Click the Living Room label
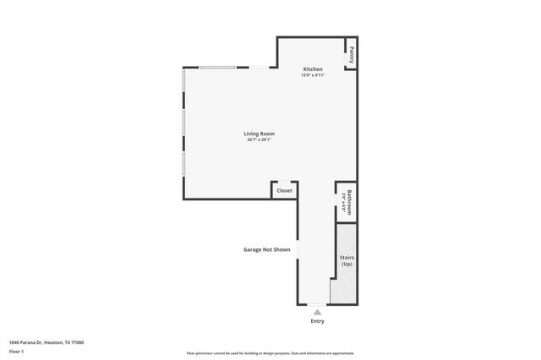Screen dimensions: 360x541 (260, 134)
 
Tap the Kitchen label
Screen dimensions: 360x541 (313, 68)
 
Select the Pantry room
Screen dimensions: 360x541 (350, 55)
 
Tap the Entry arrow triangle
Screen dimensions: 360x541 (317, 312)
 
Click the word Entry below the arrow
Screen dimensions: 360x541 (317, 321)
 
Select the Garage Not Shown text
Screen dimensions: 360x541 (267, 250)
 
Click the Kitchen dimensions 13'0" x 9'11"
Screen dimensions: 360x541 (313, 75)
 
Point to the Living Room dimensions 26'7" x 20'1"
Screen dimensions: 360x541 (260, 140)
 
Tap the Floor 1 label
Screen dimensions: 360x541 (16, 351)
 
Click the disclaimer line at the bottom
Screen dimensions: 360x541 (270, 353)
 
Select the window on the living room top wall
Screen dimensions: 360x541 (218, 68)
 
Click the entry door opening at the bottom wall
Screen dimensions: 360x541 (316, 304)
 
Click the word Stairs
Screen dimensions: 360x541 (347, 257)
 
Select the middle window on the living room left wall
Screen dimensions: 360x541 (183, 134)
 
